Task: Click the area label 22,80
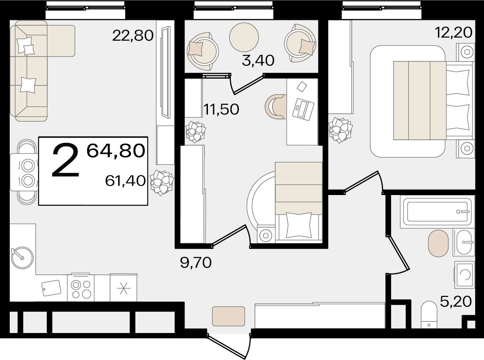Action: pos(133,35)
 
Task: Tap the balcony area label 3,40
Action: pos(258,61)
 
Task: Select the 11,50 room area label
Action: pos(221,109)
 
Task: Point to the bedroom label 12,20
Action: pos(453,32)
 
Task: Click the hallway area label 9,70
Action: pos(196,263)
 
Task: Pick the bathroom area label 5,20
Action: pos(456,301)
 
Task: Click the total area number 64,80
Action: pos(116,150)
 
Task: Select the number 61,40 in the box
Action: pos(125,180)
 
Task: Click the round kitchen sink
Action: pos(22,257)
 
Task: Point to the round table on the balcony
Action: pos(244,37)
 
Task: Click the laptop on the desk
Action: pos(303,109)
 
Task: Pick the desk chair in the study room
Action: pos(276,107)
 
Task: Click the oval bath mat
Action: pos(438,243)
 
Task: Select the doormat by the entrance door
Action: pos(228,316)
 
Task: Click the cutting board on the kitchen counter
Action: pos(51,288)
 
